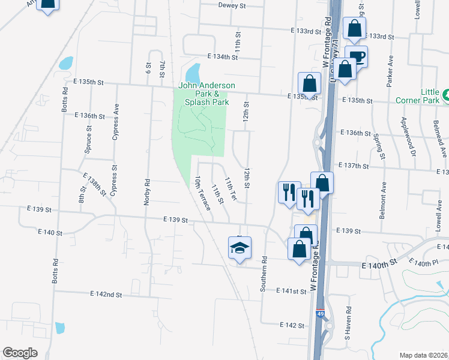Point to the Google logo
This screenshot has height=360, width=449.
click(20, 353)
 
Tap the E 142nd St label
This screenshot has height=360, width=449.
click(106, 295)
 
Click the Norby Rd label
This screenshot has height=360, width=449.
click(146, 191)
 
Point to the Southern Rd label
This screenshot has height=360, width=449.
click(264, 274)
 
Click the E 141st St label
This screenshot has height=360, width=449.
click(292, 290)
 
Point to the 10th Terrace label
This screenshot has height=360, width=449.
click(202, 193)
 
